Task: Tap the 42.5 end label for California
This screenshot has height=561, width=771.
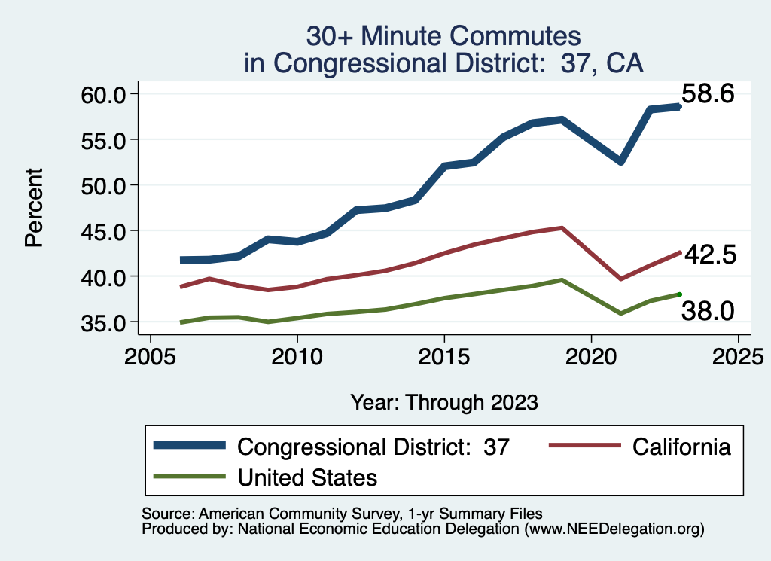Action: [708, 255]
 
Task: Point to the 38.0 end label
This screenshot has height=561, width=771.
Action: [707, 309]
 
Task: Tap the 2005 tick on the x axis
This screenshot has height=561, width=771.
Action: [150, 355]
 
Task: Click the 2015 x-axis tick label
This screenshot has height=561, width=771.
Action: [444, 355]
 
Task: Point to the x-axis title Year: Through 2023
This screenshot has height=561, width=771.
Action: [444, 402]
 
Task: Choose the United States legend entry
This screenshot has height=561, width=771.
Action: [307, 477]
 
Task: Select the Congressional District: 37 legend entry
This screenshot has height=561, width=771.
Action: [373, 447]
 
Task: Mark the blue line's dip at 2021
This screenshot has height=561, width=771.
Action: [620, 161]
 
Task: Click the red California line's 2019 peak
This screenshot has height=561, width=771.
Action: [562, 227]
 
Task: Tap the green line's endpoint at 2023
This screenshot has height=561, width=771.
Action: [679, 294]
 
